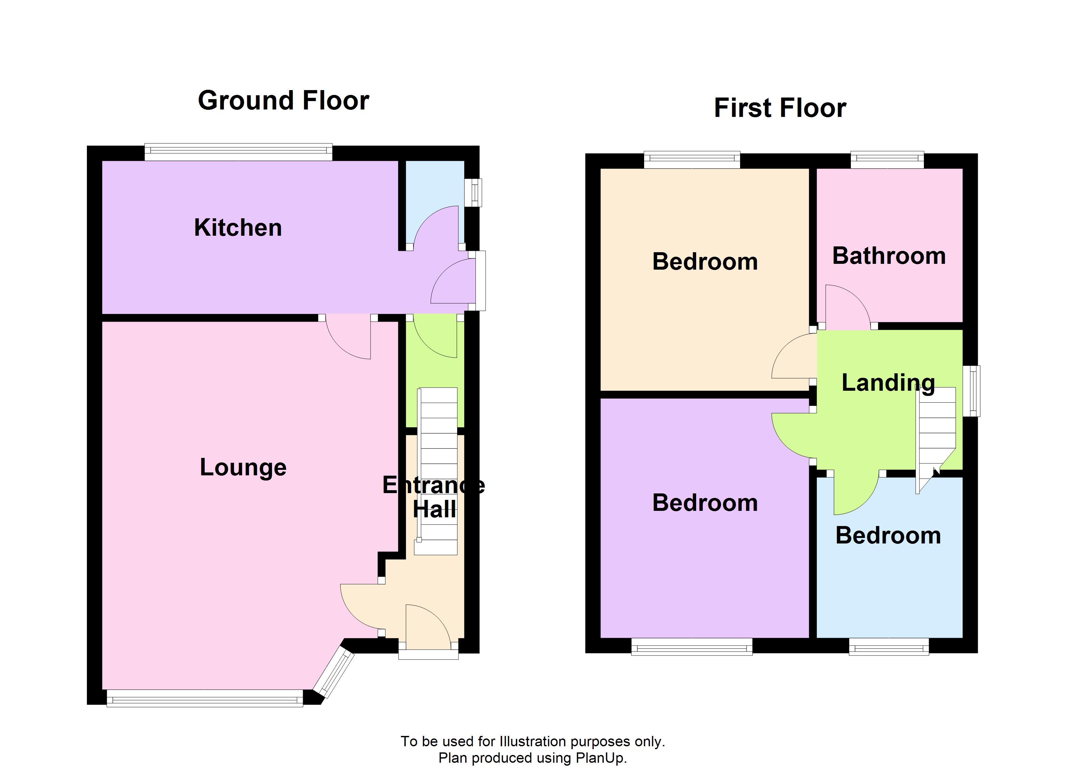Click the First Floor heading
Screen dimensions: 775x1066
pos(780,108)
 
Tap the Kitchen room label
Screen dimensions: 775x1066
pos(238,228)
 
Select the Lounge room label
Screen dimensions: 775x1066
pos(243,467)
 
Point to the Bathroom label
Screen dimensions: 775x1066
pos(889,256)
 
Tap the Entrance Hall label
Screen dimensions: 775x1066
pos(434,497)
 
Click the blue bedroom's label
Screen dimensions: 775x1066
pos(888,536)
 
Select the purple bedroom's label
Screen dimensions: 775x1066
pos(705,503)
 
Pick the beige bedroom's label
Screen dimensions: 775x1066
pos(705,262)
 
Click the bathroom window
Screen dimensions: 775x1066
pos(887,160)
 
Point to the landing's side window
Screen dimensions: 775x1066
pos(971,391)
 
